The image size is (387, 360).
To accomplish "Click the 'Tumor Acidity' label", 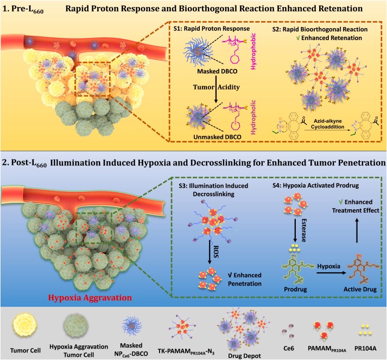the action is (x=217, y=87).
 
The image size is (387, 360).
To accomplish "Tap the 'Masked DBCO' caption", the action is (x=217, y=72).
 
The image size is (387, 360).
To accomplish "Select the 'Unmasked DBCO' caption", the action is (x=217, y=137).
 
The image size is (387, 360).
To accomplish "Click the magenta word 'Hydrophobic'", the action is (x=253, y=52).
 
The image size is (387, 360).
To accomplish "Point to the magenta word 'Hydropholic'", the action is (x=253, y=117).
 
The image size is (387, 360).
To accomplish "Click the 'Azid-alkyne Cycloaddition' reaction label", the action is (x=327, y=124).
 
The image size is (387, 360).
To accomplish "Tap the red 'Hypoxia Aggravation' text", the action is (x=90, y=298).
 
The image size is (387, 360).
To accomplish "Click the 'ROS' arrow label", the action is (x=216, y=252).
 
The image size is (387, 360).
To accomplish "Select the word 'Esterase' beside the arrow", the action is (x=304, y=230).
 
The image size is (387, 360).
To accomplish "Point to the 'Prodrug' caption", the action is (x=295, y=289).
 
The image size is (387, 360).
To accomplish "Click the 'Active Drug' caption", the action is (x=360, y=289).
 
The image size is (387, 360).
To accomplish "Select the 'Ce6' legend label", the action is (x=289, y=349).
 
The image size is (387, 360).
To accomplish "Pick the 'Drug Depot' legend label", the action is (x=244, y=356).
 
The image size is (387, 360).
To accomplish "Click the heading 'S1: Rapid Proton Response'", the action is (x=212, y=29).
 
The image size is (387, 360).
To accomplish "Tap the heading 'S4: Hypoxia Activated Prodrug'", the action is (x=316, y=185).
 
